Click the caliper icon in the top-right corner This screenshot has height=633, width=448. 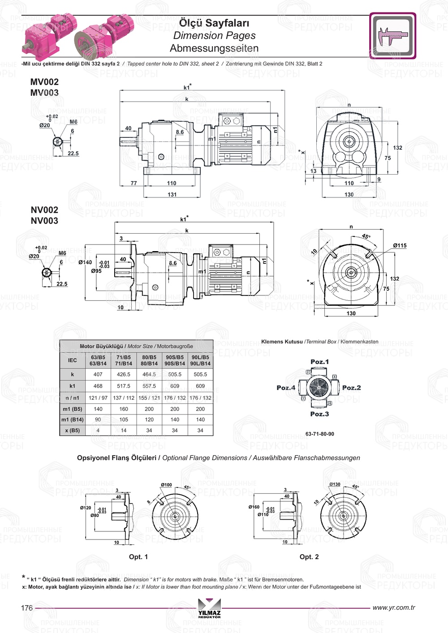pos(392,36)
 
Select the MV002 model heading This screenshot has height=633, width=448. pos(44,82)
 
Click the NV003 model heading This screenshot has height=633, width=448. pos(44,221)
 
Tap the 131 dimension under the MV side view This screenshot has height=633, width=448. pos(172,195)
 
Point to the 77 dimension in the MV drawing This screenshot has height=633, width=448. pos(134,183)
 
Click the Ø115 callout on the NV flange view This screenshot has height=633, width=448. pos(400,245)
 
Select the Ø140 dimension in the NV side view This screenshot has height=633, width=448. pos(85,262)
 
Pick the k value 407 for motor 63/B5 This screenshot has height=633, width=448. pos(98,374)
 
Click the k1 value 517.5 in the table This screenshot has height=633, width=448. pos(124,386)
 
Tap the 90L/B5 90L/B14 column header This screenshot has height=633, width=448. pos(200,360)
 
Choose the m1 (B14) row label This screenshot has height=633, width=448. pos(72,420)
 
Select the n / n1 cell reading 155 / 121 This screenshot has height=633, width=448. pos(149,398)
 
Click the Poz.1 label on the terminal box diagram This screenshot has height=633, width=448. pos(319,362)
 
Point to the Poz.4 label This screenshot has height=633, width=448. pos(286,388)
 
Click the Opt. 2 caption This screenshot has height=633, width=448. pos(309,557)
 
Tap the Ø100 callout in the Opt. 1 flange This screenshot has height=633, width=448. pos(166,485)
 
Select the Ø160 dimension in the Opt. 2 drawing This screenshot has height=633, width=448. pos(254,507)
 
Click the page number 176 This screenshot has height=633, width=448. pos(27,608)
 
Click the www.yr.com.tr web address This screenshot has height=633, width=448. pos(393,607)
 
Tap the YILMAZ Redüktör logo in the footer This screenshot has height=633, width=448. pos(209,609)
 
